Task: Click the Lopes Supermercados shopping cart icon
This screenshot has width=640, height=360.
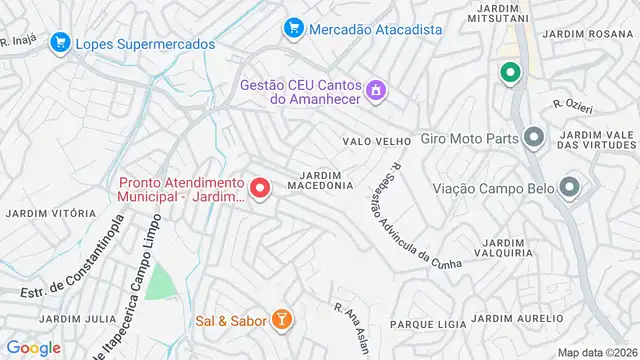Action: tap(60, 43)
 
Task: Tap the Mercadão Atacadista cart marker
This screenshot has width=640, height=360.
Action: tap(293, 28)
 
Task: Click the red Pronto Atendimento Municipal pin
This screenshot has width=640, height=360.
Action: tap(260, 187)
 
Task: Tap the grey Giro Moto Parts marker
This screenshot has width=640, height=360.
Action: tap(534, 137)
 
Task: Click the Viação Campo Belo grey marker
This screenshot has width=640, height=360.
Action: tap(571, 186)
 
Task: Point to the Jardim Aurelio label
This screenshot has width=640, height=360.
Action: tap(511, 318)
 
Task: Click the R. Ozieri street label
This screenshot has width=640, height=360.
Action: tap(575, 103)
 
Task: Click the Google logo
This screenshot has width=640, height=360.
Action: tap(33, 347)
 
